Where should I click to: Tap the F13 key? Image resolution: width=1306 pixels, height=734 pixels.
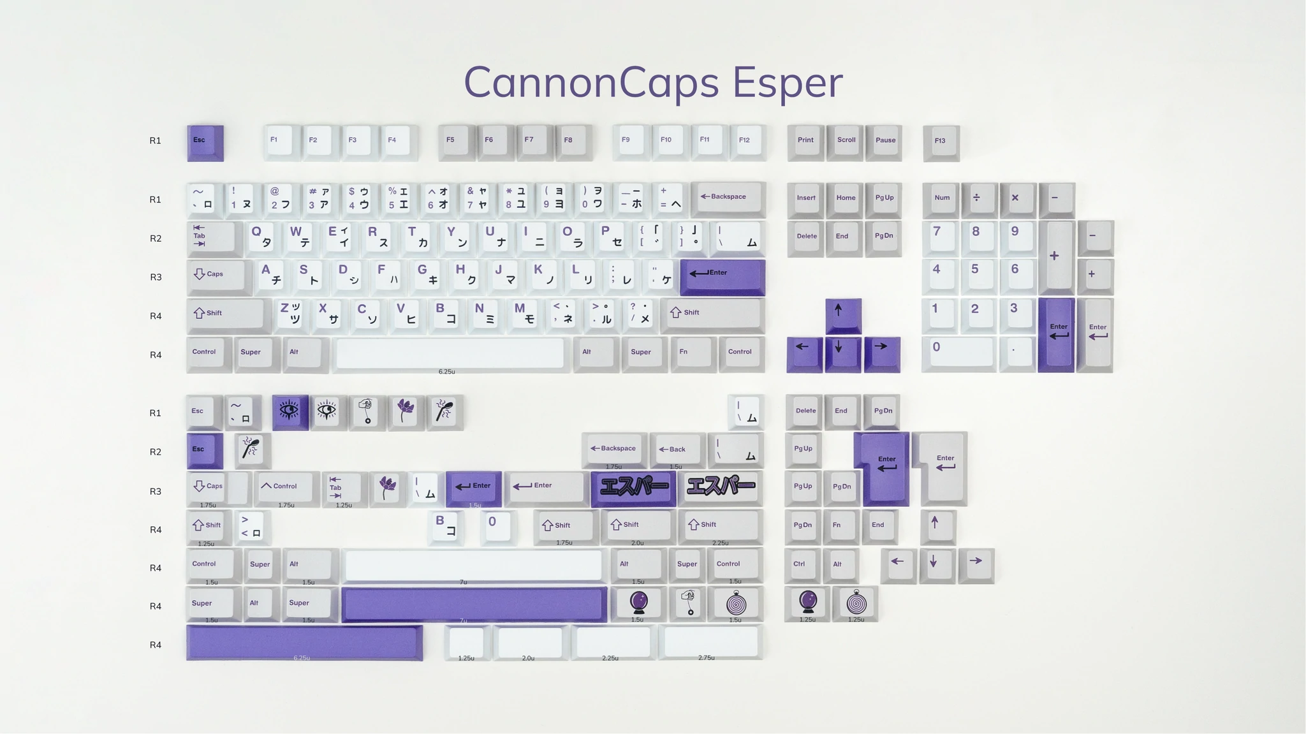coord(941,142)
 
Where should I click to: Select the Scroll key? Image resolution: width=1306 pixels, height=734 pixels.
coord(846,141)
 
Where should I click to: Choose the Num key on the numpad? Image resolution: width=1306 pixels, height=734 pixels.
coord(941,199)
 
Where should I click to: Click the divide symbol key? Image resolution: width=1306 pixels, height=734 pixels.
coord(977,199)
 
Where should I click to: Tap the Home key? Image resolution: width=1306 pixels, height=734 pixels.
coord(846,199)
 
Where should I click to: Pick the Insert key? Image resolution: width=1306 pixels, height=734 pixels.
coord(805,199)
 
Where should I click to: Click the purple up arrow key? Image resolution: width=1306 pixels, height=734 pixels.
coord(843,314)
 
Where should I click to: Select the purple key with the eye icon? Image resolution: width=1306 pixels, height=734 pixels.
coord(290,411)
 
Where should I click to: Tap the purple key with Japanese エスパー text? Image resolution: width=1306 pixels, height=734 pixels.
coord(633,488)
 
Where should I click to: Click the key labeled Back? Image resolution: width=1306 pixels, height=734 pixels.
coord(676,450)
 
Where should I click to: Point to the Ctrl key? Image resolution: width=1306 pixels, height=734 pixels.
coord(801,565)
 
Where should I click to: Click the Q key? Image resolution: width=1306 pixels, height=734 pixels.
coord(261,237)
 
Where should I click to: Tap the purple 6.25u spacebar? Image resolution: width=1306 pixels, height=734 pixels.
coord(304,642)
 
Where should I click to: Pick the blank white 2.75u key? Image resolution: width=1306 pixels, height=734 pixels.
coord(710,642)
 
